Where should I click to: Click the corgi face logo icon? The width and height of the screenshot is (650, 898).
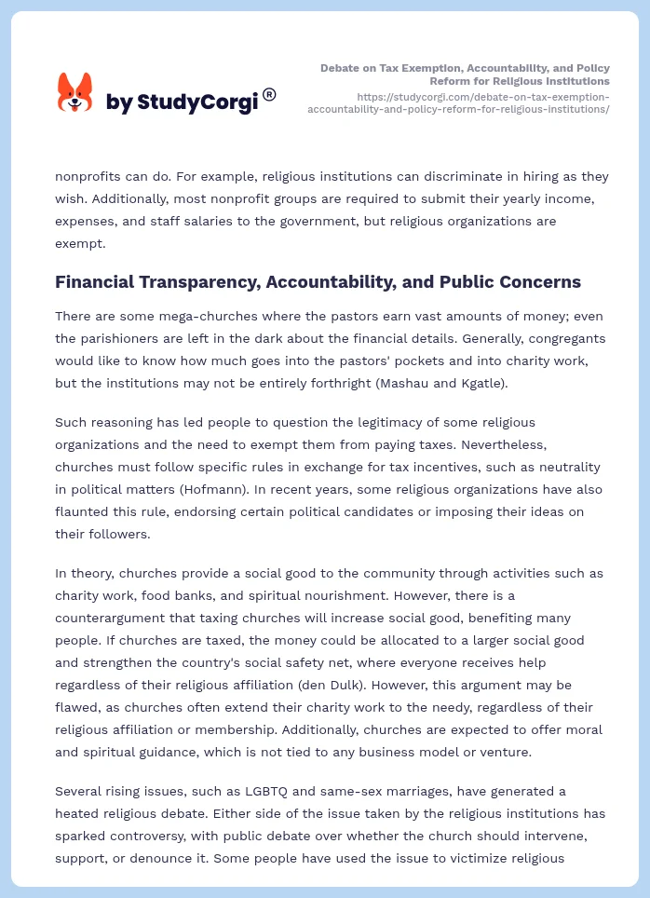75,92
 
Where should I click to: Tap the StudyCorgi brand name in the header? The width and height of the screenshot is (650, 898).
182,102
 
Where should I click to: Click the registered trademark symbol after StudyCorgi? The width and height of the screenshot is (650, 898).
269,94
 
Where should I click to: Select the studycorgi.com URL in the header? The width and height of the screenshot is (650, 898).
458,102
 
